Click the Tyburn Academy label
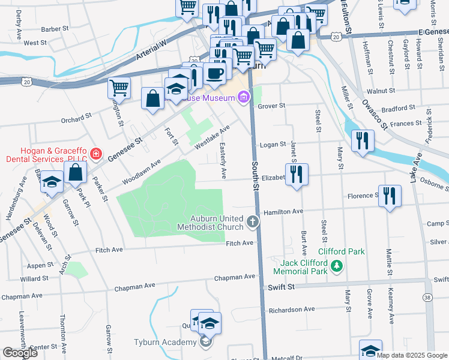(165, 342)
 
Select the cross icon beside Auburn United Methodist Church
(253, 223)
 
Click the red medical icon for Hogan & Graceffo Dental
(95, 154)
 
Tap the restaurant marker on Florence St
(390, 195)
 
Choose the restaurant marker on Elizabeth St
(297, 174)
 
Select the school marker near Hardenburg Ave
(52, 182)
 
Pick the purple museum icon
(243, 97)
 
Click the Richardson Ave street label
(292, 310)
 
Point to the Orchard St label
(76, 118)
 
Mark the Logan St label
(272, 145)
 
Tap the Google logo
(20, 353)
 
